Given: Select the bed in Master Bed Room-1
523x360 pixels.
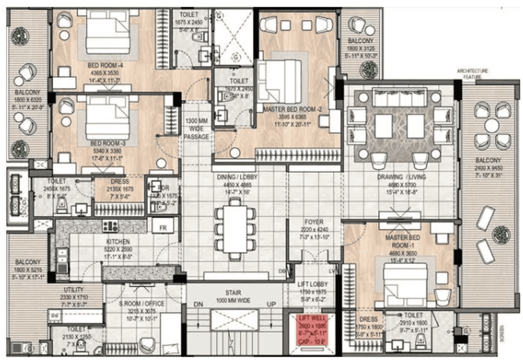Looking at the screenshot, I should point(405,282).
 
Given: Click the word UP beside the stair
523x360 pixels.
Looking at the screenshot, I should point(271,305).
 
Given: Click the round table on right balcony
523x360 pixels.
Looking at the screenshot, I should point(491,125).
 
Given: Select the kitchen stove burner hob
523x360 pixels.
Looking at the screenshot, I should point(110,226).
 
